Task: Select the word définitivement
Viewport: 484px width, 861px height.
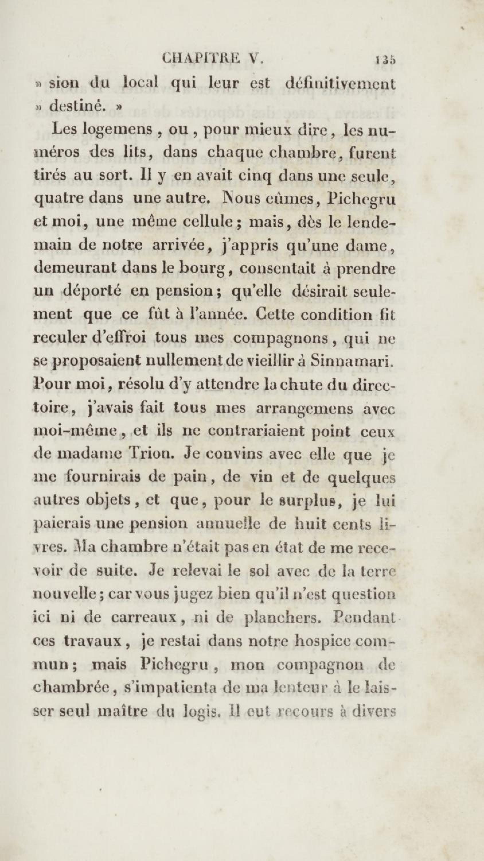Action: click(341, 84)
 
